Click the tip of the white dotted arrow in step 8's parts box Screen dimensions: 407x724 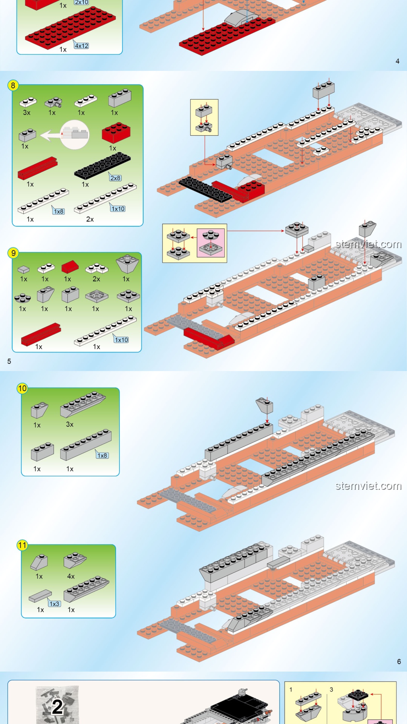pyautogui.click(x=41, y=136)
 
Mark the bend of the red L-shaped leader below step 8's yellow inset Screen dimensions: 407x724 pyautogui.click(x=205, y=164)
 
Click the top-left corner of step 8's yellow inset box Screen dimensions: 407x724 pyautogui.click(x=190, y=100)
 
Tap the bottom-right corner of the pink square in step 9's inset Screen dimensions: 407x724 pyautogui.click(x=225, y=258)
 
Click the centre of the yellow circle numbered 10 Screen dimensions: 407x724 pyautogui.click(x=22, y=388)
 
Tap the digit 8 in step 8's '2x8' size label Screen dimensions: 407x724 pyautogui.click(x=119, y=178)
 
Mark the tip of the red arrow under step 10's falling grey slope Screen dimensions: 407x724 pyautogui.click(x=267, y=423)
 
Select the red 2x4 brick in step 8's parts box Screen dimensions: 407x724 pyautogui.click(x=116, y=132)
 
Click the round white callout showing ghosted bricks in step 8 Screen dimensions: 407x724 pyautogui.click(x=75, y=135)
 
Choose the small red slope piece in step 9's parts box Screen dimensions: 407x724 pyautogui.click(x=70, y=266)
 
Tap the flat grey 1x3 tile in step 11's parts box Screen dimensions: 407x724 pyautogui.click(x=40, y=595)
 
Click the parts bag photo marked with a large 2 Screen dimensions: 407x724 pyautogui.click(x=57, y=704)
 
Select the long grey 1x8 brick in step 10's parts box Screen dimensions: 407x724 pyautogui.click(x=86, y=445)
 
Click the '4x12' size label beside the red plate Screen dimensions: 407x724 pyautogui.click(x=81, y=46)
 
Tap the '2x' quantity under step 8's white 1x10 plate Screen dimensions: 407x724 pyautogui.click(x=90, y=219)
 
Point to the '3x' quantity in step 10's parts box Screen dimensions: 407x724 pyautogui.click(x=70, y=424)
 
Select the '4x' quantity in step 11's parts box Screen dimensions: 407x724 pyautogui.click(x=71, y=576)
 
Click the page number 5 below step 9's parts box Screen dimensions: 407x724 pyautogui.click(x=9, y=361)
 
